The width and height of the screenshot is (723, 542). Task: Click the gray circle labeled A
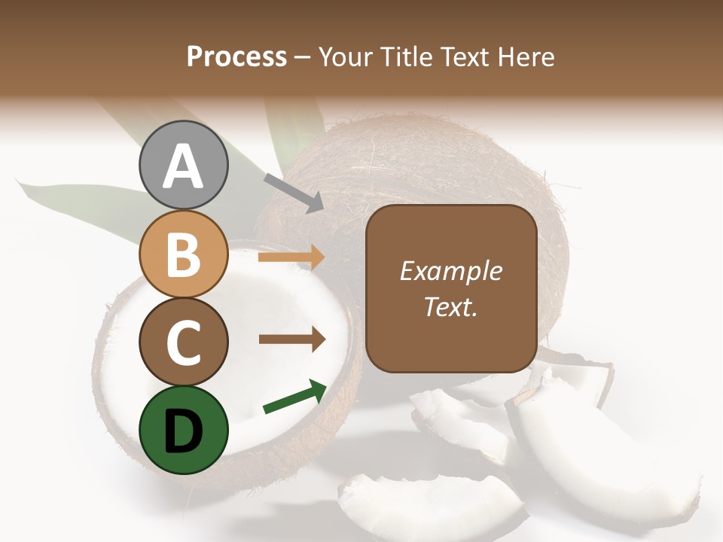pyautogui.click(x=183, y=166)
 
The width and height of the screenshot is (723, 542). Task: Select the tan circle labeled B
pyautogui.click(x=183, y=254)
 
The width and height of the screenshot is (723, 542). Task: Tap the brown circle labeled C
pyautogui.click(x=183, y=342)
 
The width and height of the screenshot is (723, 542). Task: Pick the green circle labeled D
pyautogui.click(x=183, y=430)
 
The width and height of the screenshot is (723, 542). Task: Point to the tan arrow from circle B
pyautogui.click(x=291, y=257)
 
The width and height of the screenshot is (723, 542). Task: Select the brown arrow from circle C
pyautogui.click(x=291, y=339)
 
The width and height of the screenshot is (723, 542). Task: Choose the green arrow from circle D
pyautogui.click(x=294, y=397)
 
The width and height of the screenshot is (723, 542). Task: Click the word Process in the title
pyautogui.click(x=236, y=57)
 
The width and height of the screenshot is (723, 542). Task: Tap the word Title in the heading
pyautogui.click(x=404, y=57)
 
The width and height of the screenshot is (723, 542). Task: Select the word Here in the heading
pyautogui.click(x=525, y=57)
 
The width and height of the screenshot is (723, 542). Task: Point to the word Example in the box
pyautogui.click(x=450, y=271)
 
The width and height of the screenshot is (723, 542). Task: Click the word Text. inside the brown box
pyautogui.click(x=450, y=307)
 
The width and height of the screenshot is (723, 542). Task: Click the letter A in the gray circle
pyautogui.click(x=183, y=166)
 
